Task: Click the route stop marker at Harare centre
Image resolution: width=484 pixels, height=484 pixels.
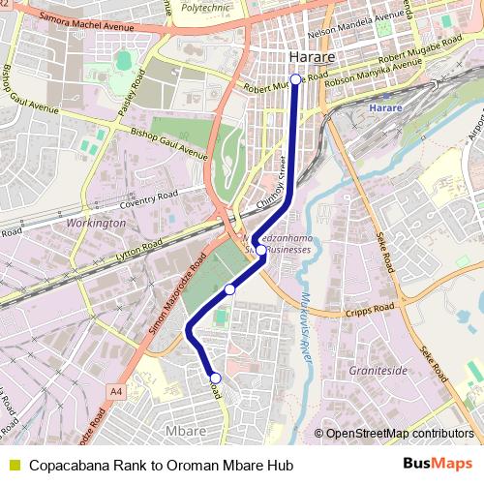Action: pos(295,80)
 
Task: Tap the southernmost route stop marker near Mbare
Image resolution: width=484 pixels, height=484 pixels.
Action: pos(215,378)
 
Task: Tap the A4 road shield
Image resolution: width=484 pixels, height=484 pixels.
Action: pos(117,390)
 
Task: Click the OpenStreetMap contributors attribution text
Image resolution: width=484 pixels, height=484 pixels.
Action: pos(399,434)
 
